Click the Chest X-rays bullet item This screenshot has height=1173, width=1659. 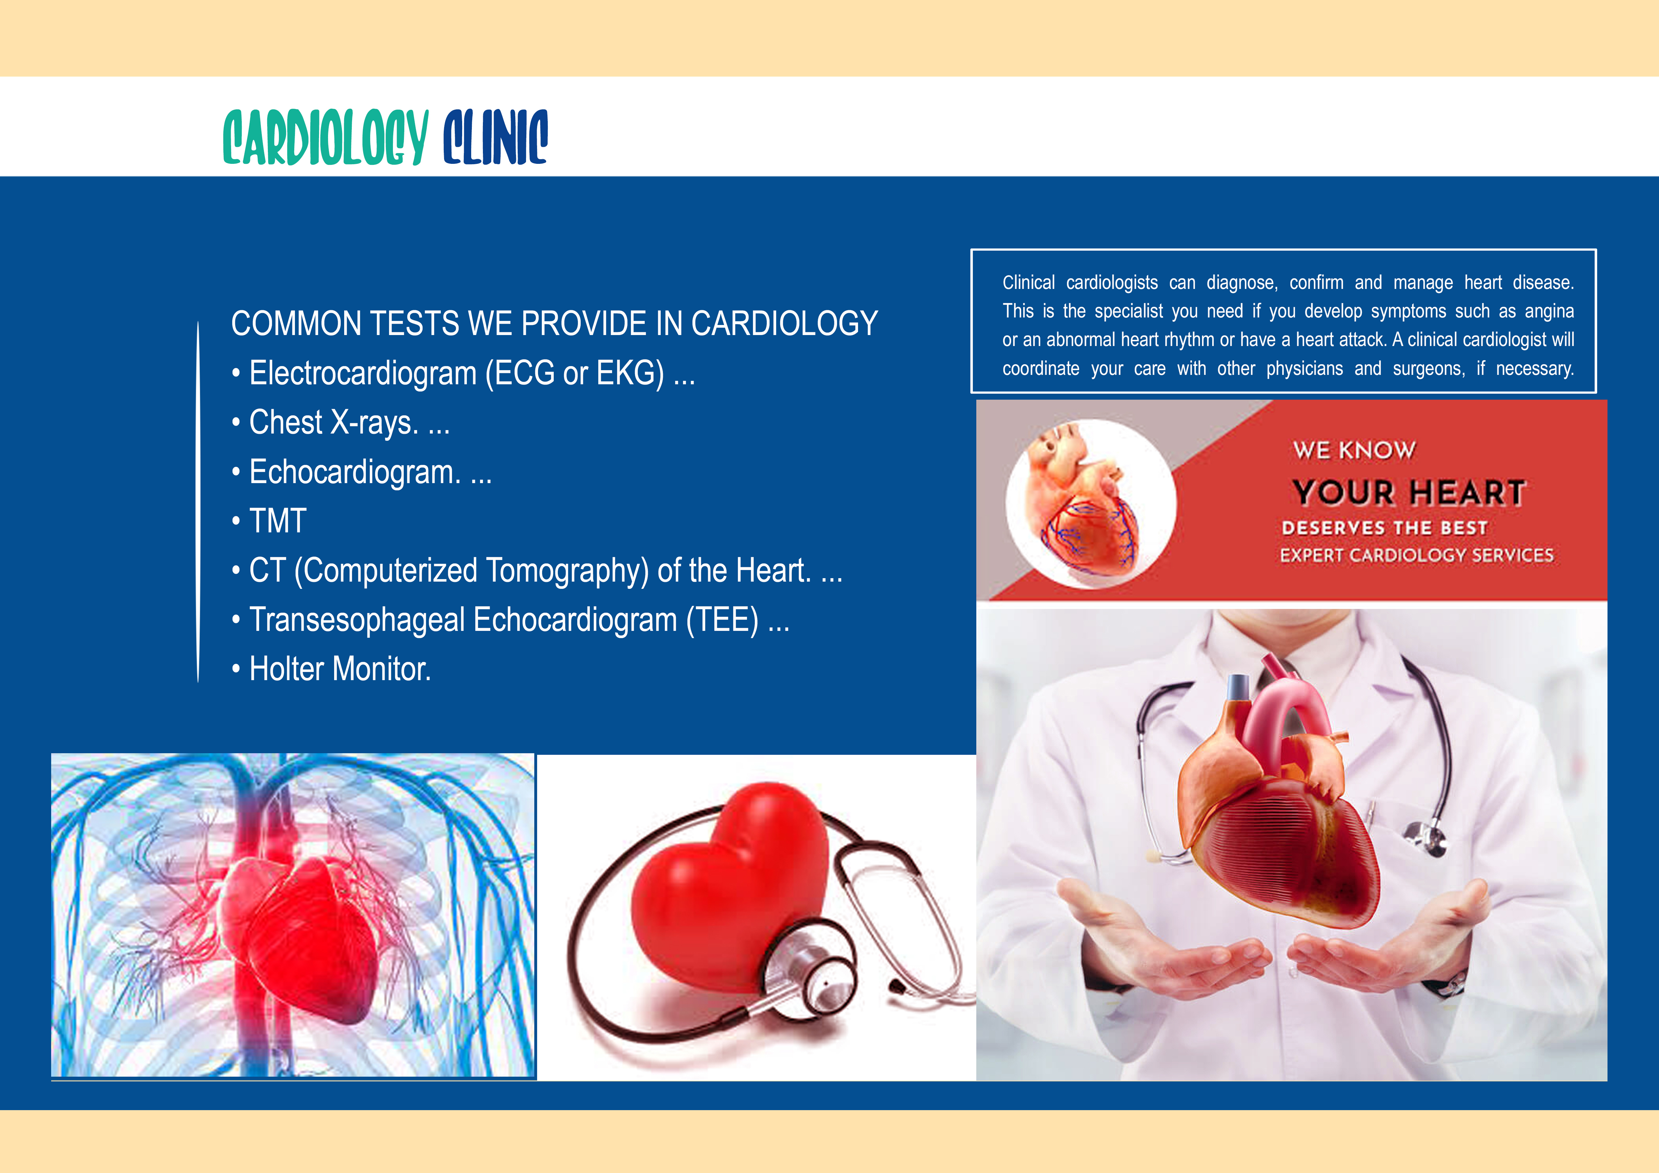click(x=340, y=423)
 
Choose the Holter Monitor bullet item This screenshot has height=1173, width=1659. click(x=331, y=669)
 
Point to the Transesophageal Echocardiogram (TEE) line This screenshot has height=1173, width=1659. click(x=510, y=620)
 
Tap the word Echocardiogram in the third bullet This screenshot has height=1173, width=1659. click(x=355, y=472)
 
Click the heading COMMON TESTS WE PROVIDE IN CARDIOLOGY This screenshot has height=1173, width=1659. click(x=554, y=324)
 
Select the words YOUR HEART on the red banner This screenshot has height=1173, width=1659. click(x=1409, y=493)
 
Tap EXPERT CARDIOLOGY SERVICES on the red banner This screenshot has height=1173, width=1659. click(x=1416, y=555)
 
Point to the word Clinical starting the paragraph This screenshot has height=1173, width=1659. click(x=1029, y=283)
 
